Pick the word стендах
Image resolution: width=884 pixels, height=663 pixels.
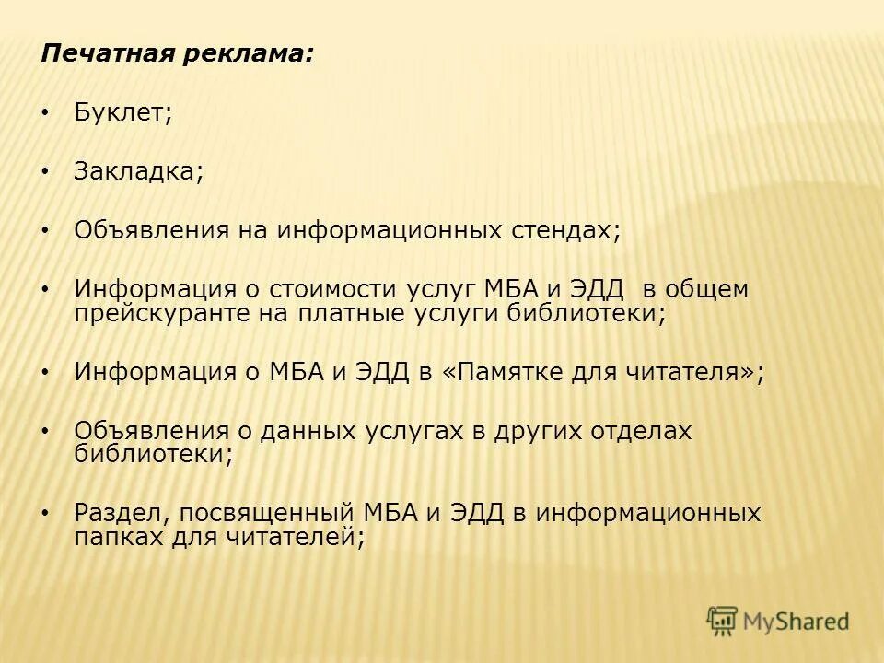(566, 230)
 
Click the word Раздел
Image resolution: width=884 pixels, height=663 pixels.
(122, 513)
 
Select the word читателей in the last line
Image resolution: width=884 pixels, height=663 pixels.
(290, 536)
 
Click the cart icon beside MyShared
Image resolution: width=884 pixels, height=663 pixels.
(722, 621)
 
